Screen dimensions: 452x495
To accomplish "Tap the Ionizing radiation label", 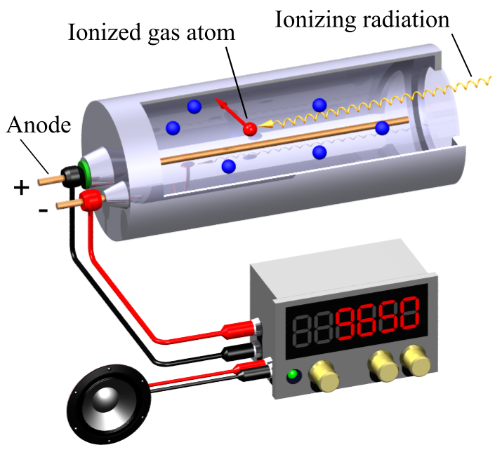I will (362, 19).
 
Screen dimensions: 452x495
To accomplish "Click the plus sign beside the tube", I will (22, 187).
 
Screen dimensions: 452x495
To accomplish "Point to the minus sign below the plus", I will (43, 210).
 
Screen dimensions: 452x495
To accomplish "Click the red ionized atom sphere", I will (249, 128).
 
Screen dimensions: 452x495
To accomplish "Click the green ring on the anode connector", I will (85, 169).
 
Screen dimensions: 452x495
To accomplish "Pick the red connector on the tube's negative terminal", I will (89, 200).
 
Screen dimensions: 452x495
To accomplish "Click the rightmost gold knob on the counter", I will (416, 361).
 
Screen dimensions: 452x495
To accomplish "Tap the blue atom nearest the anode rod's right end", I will (382, 128).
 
